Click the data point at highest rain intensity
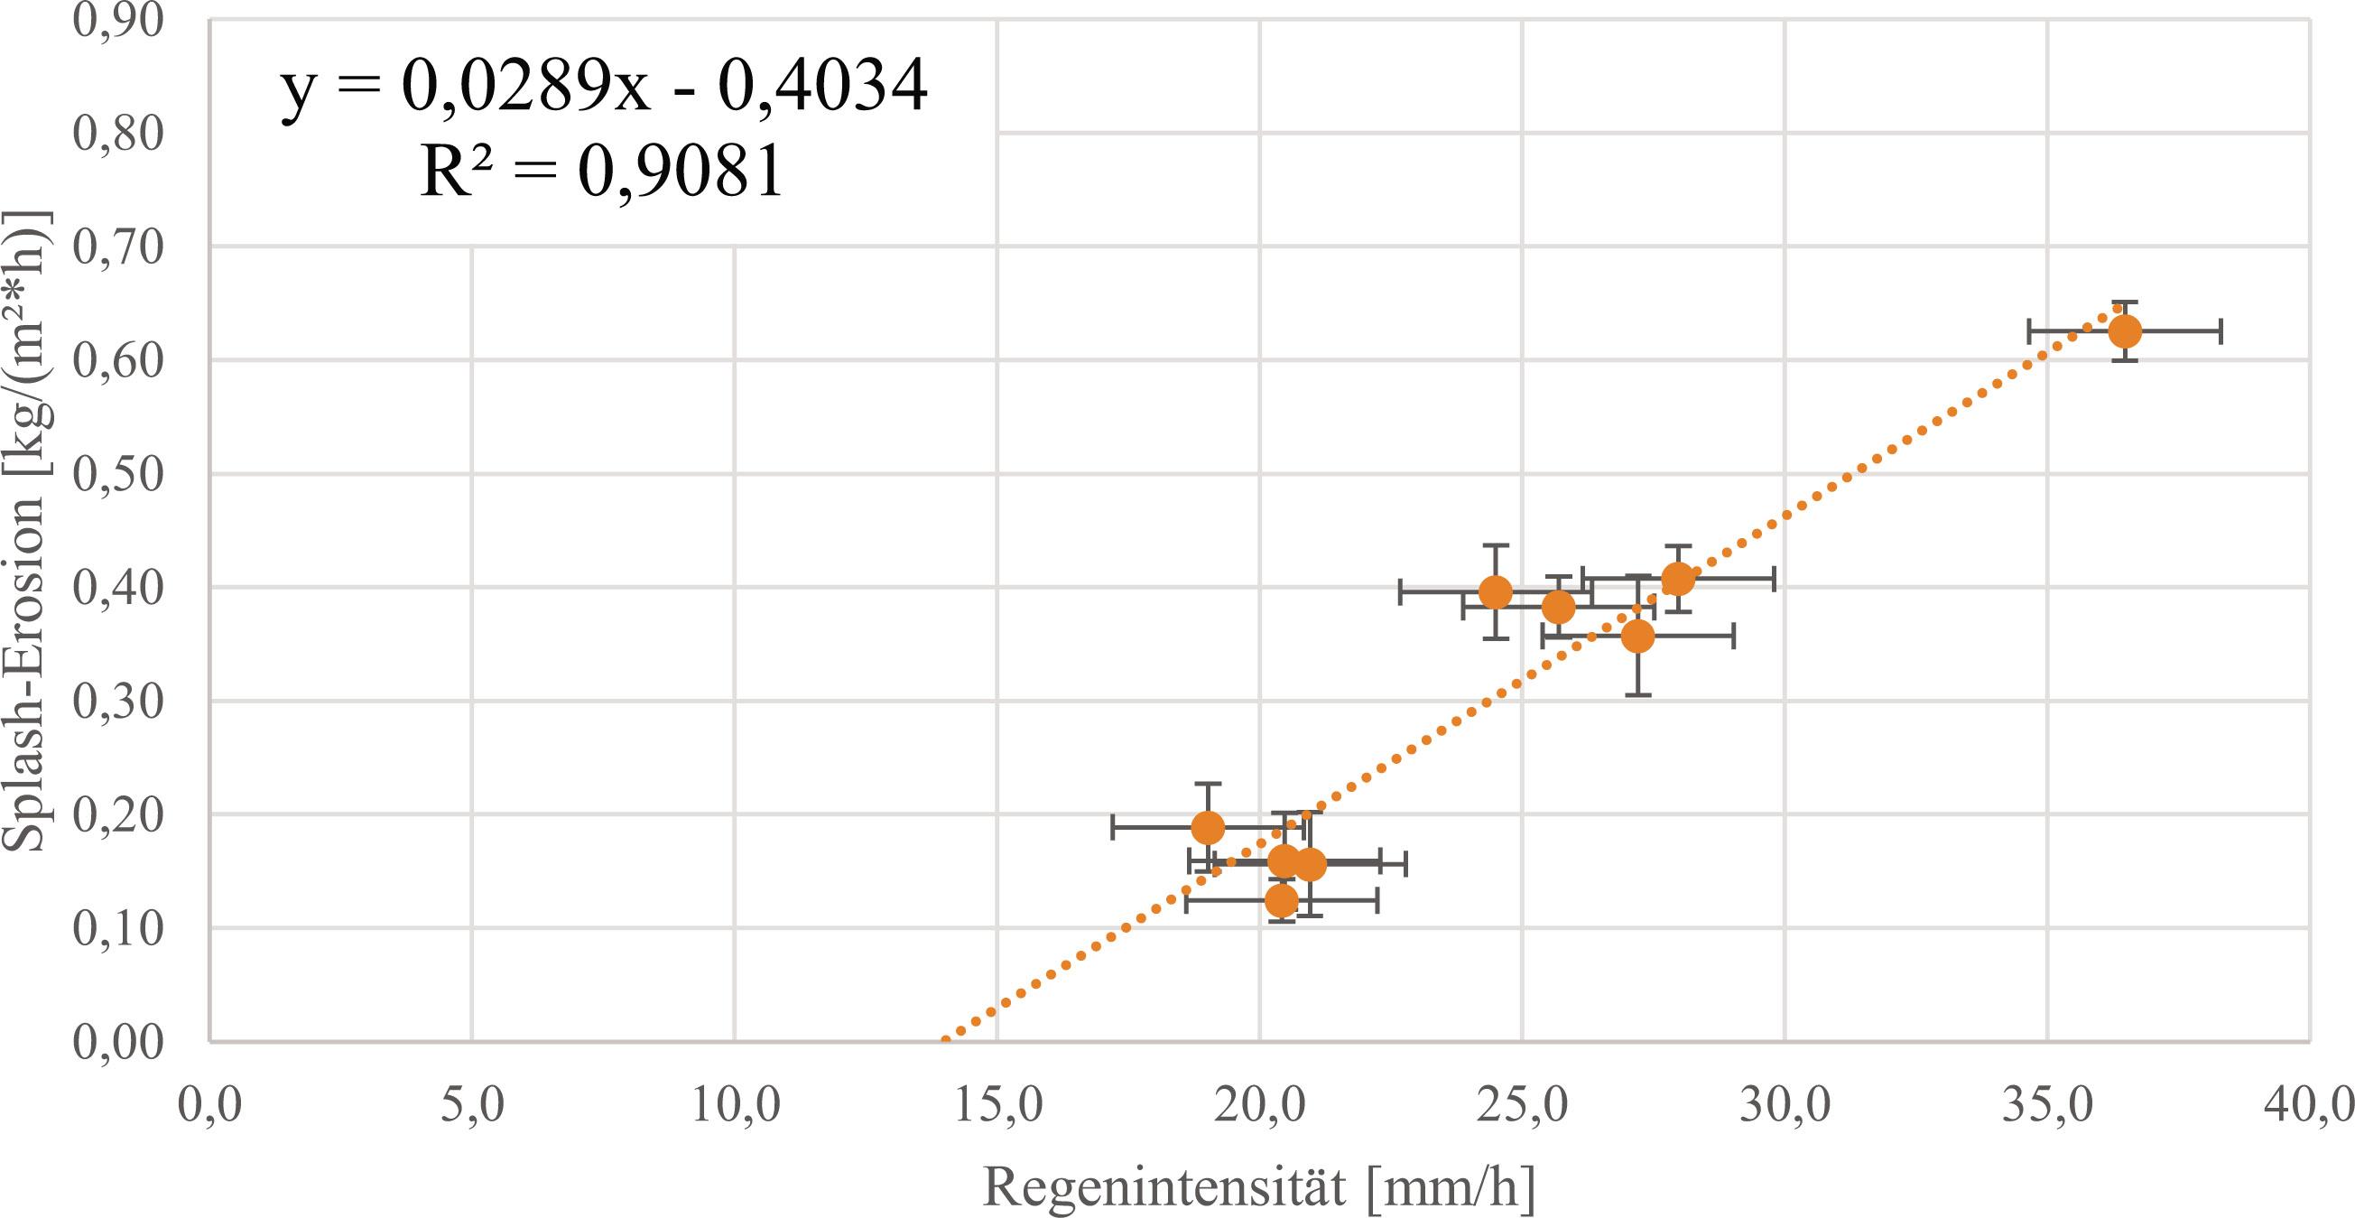tap(2125, 331)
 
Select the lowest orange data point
tap(1282, 901)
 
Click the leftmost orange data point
tap(1208, 828)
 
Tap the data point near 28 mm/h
tap(1678, 578)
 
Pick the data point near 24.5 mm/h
tap(1495, 591)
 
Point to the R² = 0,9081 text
tap(601, 171)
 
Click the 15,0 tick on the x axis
tap(997, 1105)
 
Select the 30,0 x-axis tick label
tap(1785, 1105)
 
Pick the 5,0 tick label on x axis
tap(472, 1105)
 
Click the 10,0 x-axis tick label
tap(734, 1105)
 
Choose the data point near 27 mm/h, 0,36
tap(1637, 636)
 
